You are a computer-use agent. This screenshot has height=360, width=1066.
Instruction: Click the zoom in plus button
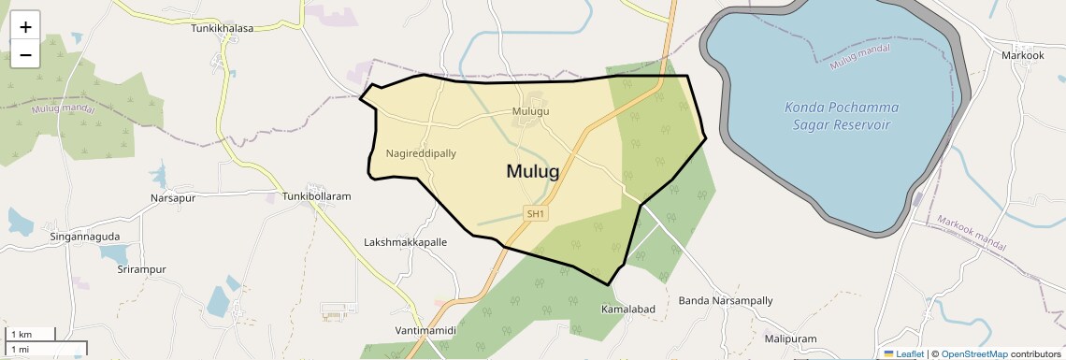tap(25, 27)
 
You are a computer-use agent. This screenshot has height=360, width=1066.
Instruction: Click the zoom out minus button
tap(25, 54)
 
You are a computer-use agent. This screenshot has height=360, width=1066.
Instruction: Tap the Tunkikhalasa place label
tap(223, 28)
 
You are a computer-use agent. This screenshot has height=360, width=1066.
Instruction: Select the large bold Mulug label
tap(532, 171)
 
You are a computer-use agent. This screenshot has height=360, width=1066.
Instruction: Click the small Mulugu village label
tap(530, 111)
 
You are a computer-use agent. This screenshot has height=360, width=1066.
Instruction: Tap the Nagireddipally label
tap(421, 153)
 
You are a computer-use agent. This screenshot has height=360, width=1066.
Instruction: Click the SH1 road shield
tap(536, 214)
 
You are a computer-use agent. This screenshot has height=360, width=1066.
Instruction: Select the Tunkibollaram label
tap(316, 197)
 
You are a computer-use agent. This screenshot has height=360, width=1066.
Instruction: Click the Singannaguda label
tap(85, 238)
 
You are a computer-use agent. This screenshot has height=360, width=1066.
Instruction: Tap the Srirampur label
tap(141, 269)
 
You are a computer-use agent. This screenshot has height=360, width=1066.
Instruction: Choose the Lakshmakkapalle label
tap(405, 242)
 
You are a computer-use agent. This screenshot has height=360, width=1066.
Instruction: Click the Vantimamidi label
tap(425, 331)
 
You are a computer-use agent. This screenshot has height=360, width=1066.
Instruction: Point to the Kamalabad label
tap(628, 309)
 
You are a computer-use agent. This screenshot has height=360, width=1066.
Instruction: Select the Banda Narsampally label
tap(726, 301)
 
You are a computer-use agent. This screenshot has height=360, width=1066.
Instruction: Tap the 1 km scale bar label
tap(22, 335)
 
